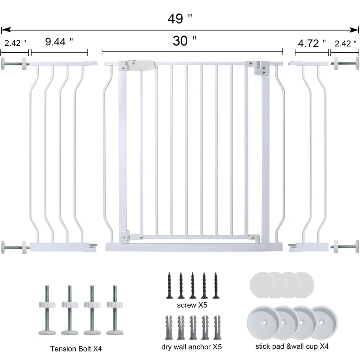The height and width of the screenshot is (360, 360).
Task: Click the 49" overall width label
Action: click(x=180, y=18)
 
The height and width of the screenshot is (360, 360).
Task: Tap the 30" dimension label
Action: click(x=185, y=41)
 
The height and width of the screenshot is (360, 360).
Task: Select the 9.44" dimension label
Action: click(x=59, y=41)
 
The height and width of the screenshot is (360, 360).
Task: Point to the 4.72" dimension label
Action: click(x=312, y=43)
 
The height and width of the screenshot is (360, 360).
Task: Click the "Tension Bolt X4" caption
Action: click(x=76, y=348)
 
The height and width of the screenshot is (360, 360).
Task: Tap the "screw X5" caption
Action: click(x=192, y=305)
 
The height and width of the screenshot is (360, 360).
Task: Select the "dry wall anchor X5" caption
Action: click(x=192, y=346)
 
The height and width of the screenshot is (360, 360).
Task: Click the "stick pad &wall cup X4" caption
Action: click(x=292, y=346)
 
